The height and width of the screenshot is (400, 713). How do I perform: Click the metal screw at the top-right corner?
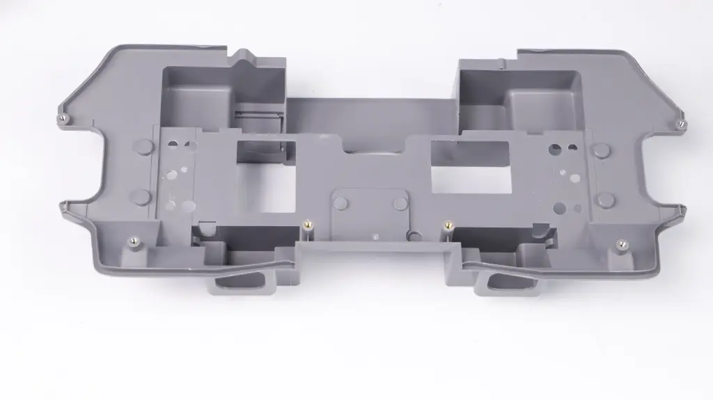[680, 123]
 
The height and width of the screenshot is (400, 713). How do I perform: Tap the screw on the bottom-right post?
[621, 243]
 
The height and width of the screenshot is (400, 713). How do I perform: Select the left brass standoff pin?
[307, 225]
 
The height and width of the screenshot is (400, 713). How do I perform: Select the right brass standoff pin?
[447, 225]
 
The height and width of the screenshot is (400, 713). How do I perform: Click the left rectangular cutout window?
[266, 176]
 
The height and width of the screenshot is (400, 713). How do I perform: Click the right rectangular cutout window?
[471, 167]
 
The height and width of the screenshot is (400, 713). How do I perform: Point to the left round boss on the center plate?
[340, 203]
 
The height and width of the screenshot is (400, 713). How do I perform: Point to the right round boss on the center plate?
[400, 204]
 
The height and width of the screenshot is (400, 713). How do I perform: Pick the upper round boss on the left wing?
[143, 146]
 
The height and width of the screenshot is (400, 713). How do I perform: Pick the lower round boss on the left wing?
[142, 197]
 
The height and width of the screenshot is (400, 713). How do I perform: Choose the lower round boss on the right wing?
[606, 200]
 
